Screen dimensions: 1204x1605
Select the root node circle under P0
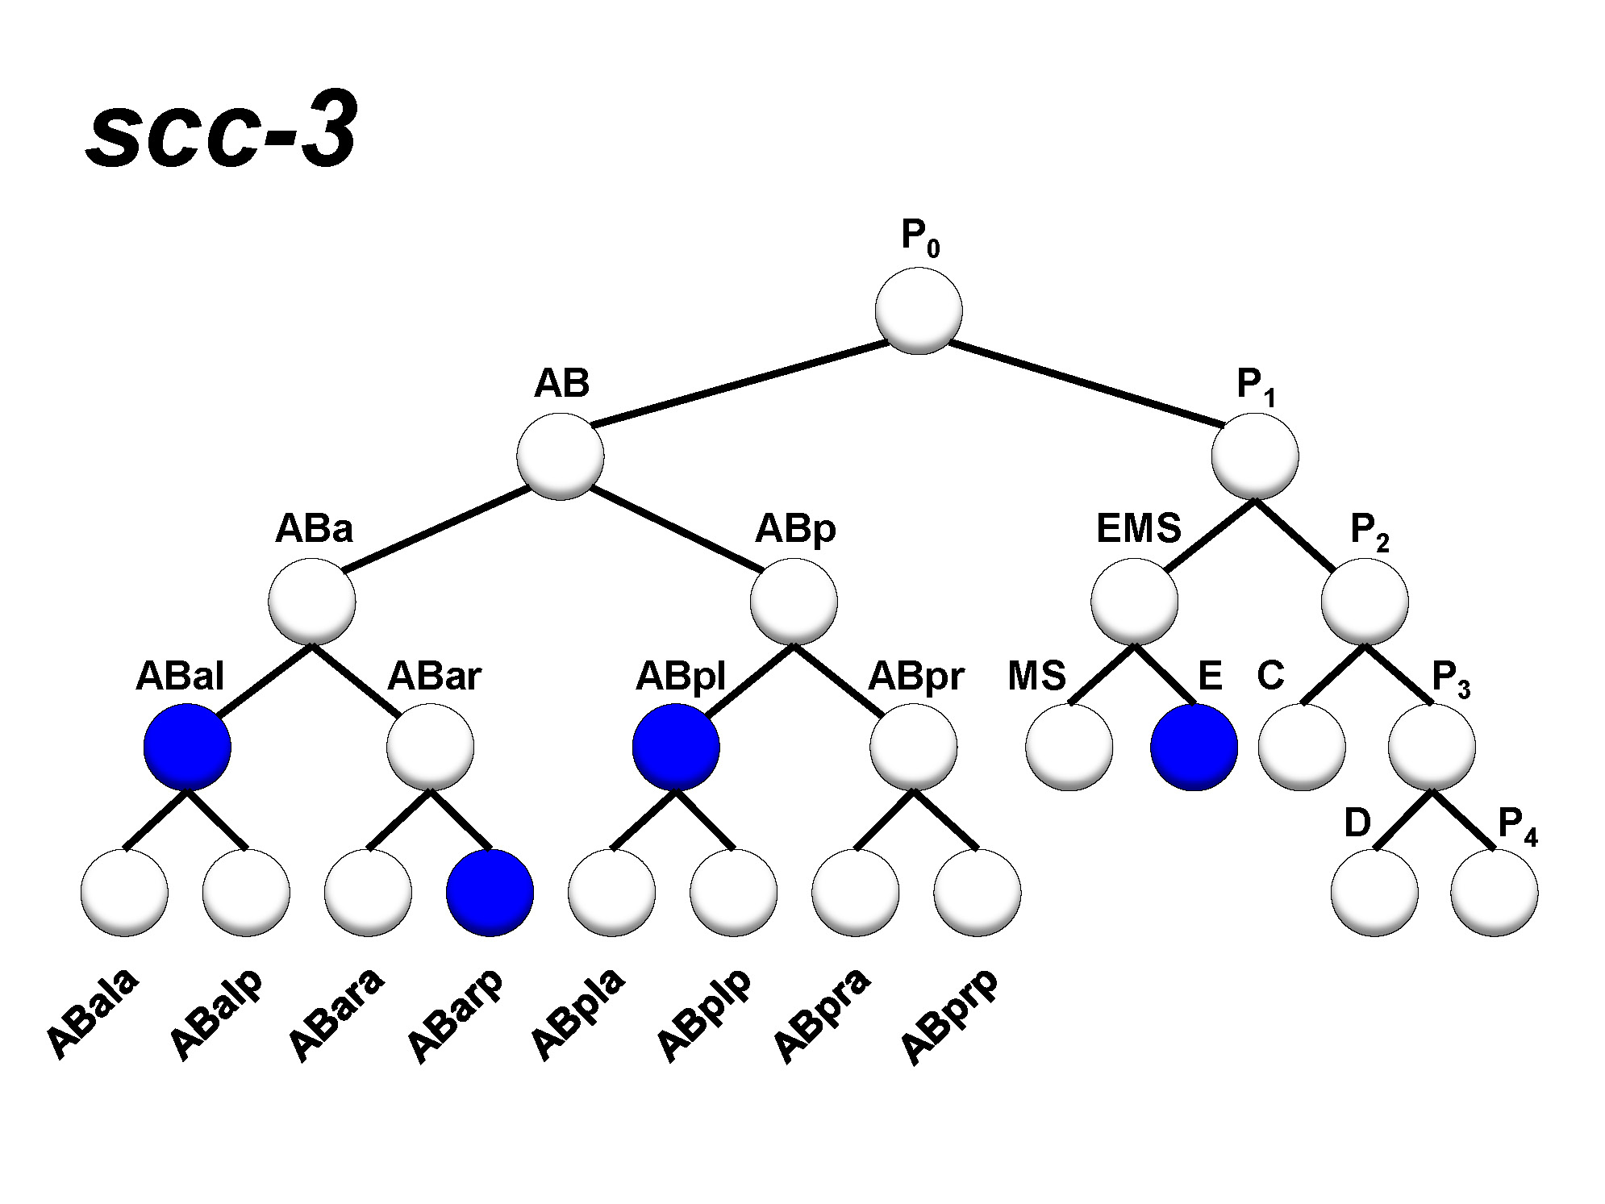pos(919,310)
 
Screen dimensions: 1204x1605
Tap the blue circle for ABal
pos(187,746)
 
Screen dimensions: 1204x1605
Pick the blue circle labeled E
pos(1194,746)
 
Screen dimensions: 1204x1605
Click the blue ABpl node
pos(676,746)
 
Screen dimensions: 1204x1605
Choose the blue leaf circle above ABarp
pos(490,892)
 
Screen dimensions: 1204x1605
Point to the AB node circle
pos(561,456)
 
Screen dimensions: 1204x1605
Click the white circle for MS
pos(1069,746)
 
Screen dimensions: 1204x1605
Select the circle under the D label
pos(1374,892)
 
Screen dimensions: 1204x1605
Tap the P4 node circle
pos(1494,892)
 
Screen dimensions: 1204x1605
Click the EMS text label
pos(1138,528)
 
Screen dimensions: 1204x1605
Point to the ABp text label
pos(795,529)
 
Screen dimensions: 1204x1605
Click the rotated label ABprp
pos(948,1018)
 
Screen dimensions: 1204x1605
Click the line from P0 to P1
pos(1085,384)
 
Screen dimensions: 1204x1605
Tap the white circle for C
pos(1302,746)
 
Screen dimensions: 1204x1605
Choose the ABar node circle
pos(430,746)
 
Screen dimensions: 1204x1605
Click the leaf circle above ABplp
pos(733,892)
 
